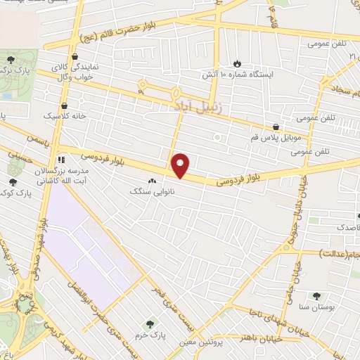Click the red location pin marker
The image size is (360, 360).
(181, 165)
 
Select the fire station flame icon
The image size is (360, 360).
(237, 63)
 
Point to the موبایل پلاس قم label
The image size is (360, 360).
(275, 137)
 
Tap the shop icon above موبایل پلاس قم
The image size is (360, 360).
(275, 127)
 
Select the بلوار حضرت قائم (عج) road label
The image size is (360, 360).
(126, 31)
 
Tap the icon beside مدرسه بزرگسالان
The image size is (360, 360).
(61, 160)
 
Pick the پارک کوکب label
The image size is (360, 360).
(14, 192)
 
